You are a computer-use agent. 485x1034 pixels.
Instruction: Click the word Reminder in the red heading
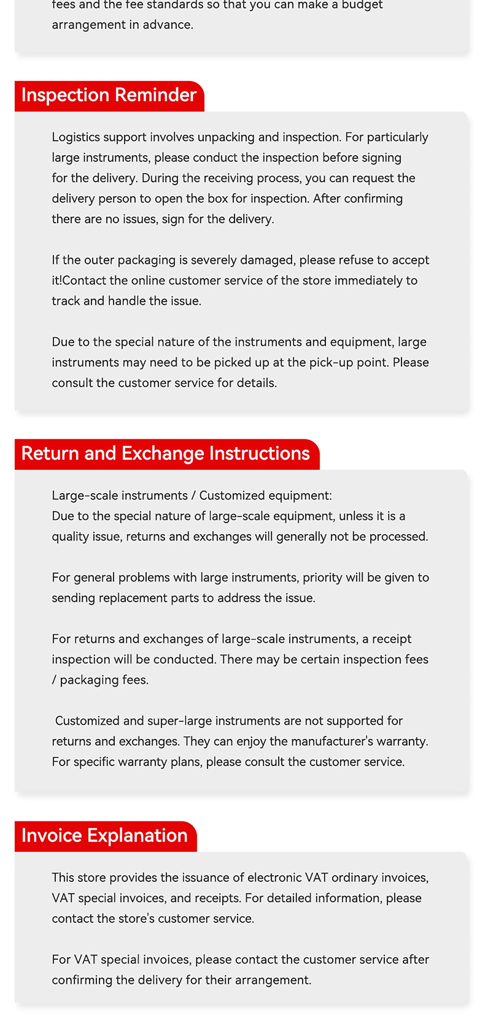click(156, 95)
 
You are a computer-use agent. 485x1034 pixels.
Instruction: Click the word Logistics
click(76, 137)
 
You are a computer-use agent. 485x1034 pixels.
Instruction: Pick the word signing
click(381, 158)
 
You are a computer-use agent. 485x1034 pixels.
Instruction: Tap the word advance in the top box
click(167, 25)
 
